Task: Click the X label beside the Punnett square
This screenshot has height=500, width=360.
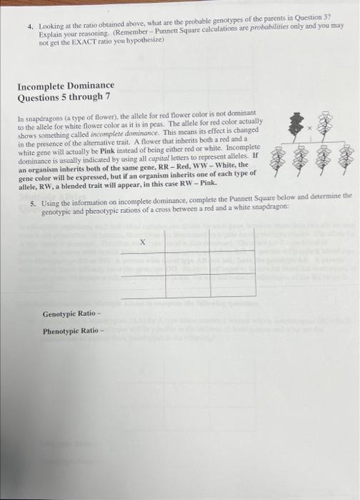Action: pos(143,243)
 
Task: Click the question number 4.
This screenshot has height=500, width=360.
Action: pos(30,25)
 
